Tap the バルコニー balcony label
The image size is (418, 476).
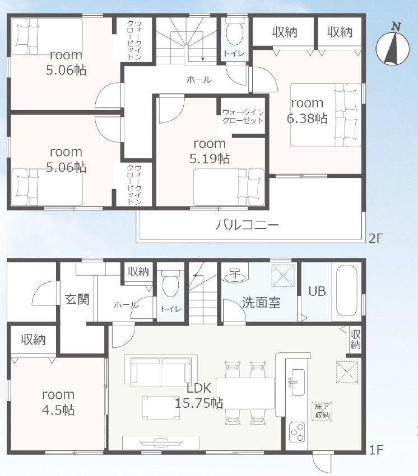coord(248,226)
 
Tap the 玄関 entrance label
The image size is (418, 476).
coord(76,299)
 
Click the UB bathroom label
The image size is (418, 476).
coord(317,291)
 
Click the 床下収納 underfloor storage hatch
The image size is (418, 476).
coord(322,411)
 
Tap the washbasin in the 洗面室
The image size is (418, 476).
coord(236,276)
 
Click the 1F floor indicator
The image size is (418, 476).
coord(375,449)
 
